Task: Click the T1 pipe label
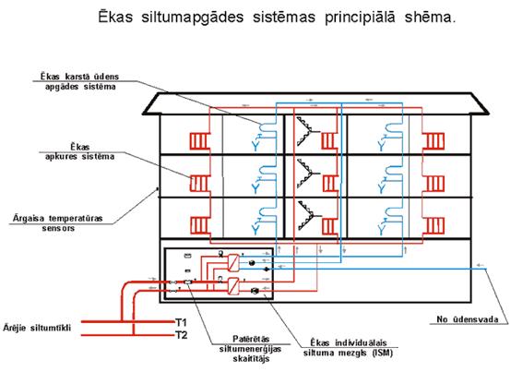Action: pos(181,323)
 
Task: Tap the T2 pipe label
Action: pos(182,335)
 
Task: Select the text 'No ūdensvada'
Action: pos(468,319)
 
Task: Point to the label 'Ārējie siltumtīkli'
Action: pos(37,328)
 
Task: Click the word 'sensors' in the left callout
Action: pos(58,228)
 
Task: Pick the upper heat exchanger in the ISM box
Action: pos(233,263)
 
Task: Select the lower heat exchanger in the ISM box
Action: pos(233,286)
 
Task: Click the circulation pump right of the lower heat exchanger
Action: pos(255,290)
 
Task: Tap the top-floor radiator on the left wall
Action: pos(198,141)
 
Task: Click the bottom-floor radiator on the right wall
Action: pos(435,225)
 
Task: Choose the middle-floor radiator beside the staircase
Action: pos(330,183)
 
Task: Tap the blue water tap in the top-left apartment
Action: pos(255,143)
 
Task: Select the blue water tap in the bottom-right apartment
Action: pos(382,227)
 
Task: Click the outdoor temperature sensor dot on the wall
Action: pos(159,188)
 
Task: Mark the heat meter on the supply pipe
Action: pos(188,282)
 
